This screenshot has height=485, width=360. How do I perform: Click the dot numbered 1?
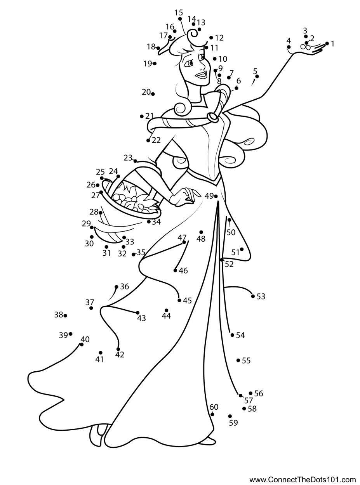click(x=327, y=43)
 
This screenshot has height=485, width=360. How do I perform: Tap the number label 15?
click(x=179, y=12)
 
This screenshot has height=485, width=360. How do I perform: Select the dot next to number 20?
click(x=153, y=94)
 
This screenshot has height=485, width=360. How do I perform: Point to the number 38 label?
click(x=58, y=315)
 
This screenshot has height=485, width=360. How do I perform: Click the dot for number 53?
click(x=253, y=296)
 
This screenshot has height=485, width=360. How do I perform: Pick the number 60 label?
click(x=214, y=407)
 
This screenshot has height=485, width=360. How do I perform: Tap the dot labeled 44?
click(x=166, y=310)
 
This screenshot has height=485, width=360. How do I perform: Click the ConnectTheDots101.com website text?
click(x=303, y=480)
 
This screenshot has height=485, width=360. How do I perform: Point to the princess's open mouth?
click(x=201, y=74)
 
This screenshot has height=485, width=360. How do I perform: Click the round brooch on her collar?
click(x=213, y=116)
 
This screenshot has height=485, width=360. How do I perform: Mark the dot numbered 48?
click(x=201, y=232)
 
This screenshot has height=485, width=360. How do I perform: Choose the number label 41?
click(x=100, y=360)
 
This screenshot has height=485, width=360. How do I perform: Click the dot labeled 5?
click(x=257, y=76)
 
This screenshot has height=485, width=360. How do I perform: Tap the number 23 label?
click(x=128, y=158)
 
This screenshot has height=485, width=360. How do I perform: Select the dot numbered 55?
click(x=238, y=360)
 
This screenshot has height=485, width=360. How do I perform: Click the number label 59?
click(x=233, y=423)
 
